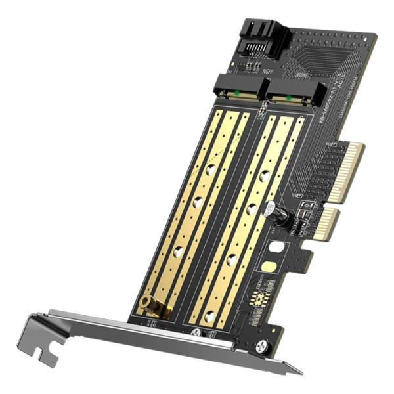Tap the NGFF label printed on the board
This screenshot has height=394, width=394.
coord(269,73)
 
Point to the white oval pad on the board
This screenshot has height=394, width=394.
coord(276,248)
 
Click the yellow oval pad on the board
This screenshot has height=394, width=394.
coord(268,267)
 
